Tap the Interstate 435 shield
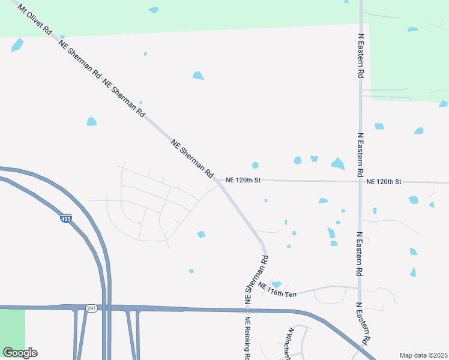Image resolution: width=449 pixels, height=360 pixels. pos(66,219)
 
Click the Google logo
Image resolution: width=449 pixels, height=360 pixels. pos(20,353)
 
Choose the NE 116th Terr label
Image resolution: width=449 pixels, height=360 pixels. pos(278,292)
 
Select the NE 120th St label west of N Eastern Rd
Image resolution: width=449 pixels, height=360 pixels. pos(243,180)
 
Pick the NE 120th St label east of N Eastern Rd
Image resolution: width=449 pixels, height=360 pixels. pos(384,181)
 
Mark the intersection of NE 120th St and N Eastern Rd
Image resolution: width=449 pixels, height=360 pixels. pos(360,181)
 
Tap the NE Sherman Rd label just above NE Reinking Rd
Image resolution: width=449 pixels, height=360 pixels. pos(256,278)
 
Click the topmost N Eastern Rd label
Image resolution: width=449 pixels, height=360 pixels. pos(361,54)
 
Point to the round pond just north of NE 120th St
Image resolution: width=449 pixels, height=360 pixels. pos(255,165)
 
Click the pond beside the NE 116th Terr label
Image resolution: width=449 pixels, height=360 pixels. pos(276,284)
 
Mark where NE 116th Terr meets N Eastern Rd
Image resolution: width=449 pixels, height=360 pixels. pos(360,289)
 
